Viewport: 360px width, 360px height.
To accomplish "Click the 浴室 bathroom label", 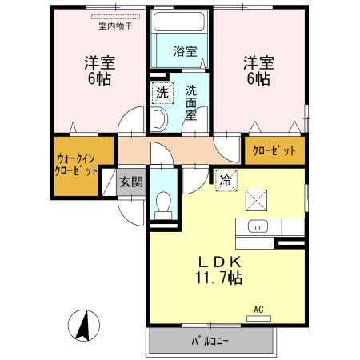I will [x=186, y=52].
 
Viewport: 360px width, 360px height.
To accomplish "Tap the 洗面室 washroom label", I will [x=192, y=103].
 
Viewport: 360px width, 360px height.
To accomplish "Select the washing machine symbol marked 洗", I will [x=162, y=93].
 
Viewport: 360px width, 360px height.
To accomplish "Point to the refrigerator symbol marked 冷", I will [x=226, y=181].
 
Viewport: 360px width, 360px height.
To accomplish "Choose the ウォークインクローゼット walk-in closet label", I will [x=76, y=164].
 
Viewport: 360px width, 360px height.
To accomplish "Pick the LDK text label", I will [x=215, y=262].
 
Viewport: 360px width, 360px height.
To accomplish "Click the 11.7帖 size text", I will [x=215, y=278].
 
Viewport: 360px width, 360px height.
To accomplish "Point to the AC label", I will [x=258, y=309].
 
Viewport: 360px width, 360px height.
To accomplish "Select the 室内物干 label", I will [x=115, y=26].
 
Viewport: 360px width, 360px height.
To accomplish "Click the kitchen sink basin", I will [x=259, y=226].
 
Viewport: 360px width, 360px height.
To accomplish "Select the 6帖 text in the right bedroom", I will [x=258, y=79].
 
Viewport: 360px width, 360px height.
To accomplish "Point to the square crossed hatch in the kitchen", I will [x=256, y=198].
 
